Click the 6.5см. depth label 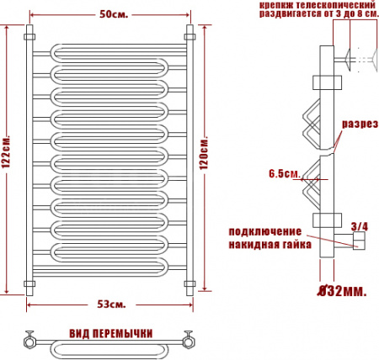coord(284,174)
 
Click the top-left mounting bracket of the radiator coord(30,37)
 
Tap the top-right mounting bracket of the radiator coord(189,37)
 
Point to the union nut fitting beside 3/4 coord(360,243)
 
